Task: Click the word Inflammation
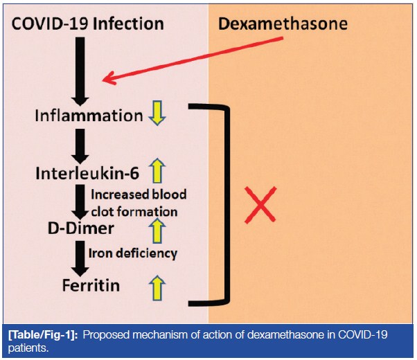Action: (89, 115)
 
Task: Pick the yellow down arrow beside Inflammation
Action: (158, 115)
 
